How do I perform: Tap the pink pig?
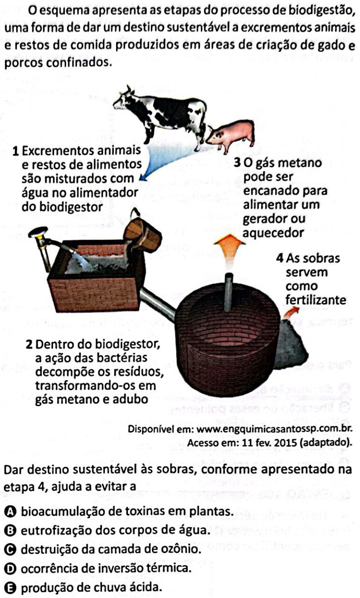[231, 136]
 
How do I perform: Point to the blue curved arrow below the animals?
[171, 160]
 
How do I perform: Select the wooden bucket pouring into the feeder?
[143, 234]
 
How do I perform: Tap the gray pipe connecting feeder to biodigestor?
[157, 304]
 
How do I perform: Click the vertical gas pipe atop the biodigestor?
[229, 292]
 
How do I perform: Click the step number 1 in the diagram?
[16, 152]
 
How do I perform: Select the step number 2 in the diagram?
[29, 345]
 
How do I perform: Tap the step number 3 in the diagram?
[237, 163]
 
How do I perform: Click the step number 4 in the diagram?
[280, 259]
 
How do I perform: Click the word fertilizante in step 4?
[316, 300]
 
